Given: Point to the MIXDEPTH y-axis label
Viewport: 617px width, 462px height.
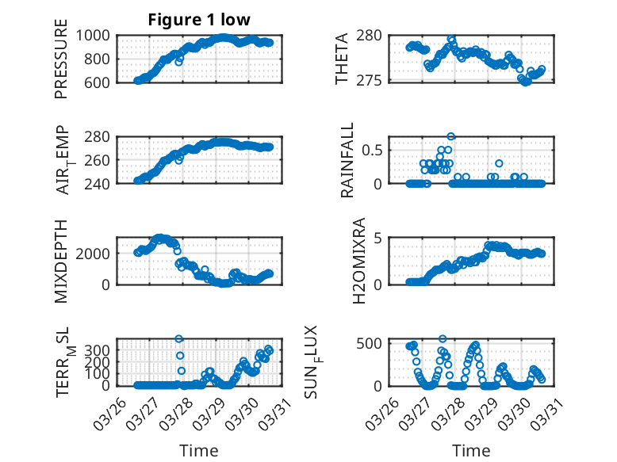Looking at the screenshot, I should pos(61,262).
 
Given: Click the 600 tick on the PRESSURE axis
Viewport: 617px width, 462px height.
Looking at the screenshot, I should pos(101,81).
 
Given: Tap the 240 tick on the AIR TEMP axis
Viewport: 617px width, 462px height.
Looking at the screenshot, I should pos(101,183).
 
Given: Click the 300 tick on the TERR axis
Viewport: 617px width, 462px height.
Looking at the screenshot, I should pos(101,349).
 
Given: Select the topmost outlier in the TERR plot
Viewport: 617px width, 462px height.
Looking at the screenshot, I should pos(179,339).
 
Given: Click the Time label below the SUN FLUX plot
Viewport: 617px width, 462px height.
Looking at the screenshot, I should pos(471,451).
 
